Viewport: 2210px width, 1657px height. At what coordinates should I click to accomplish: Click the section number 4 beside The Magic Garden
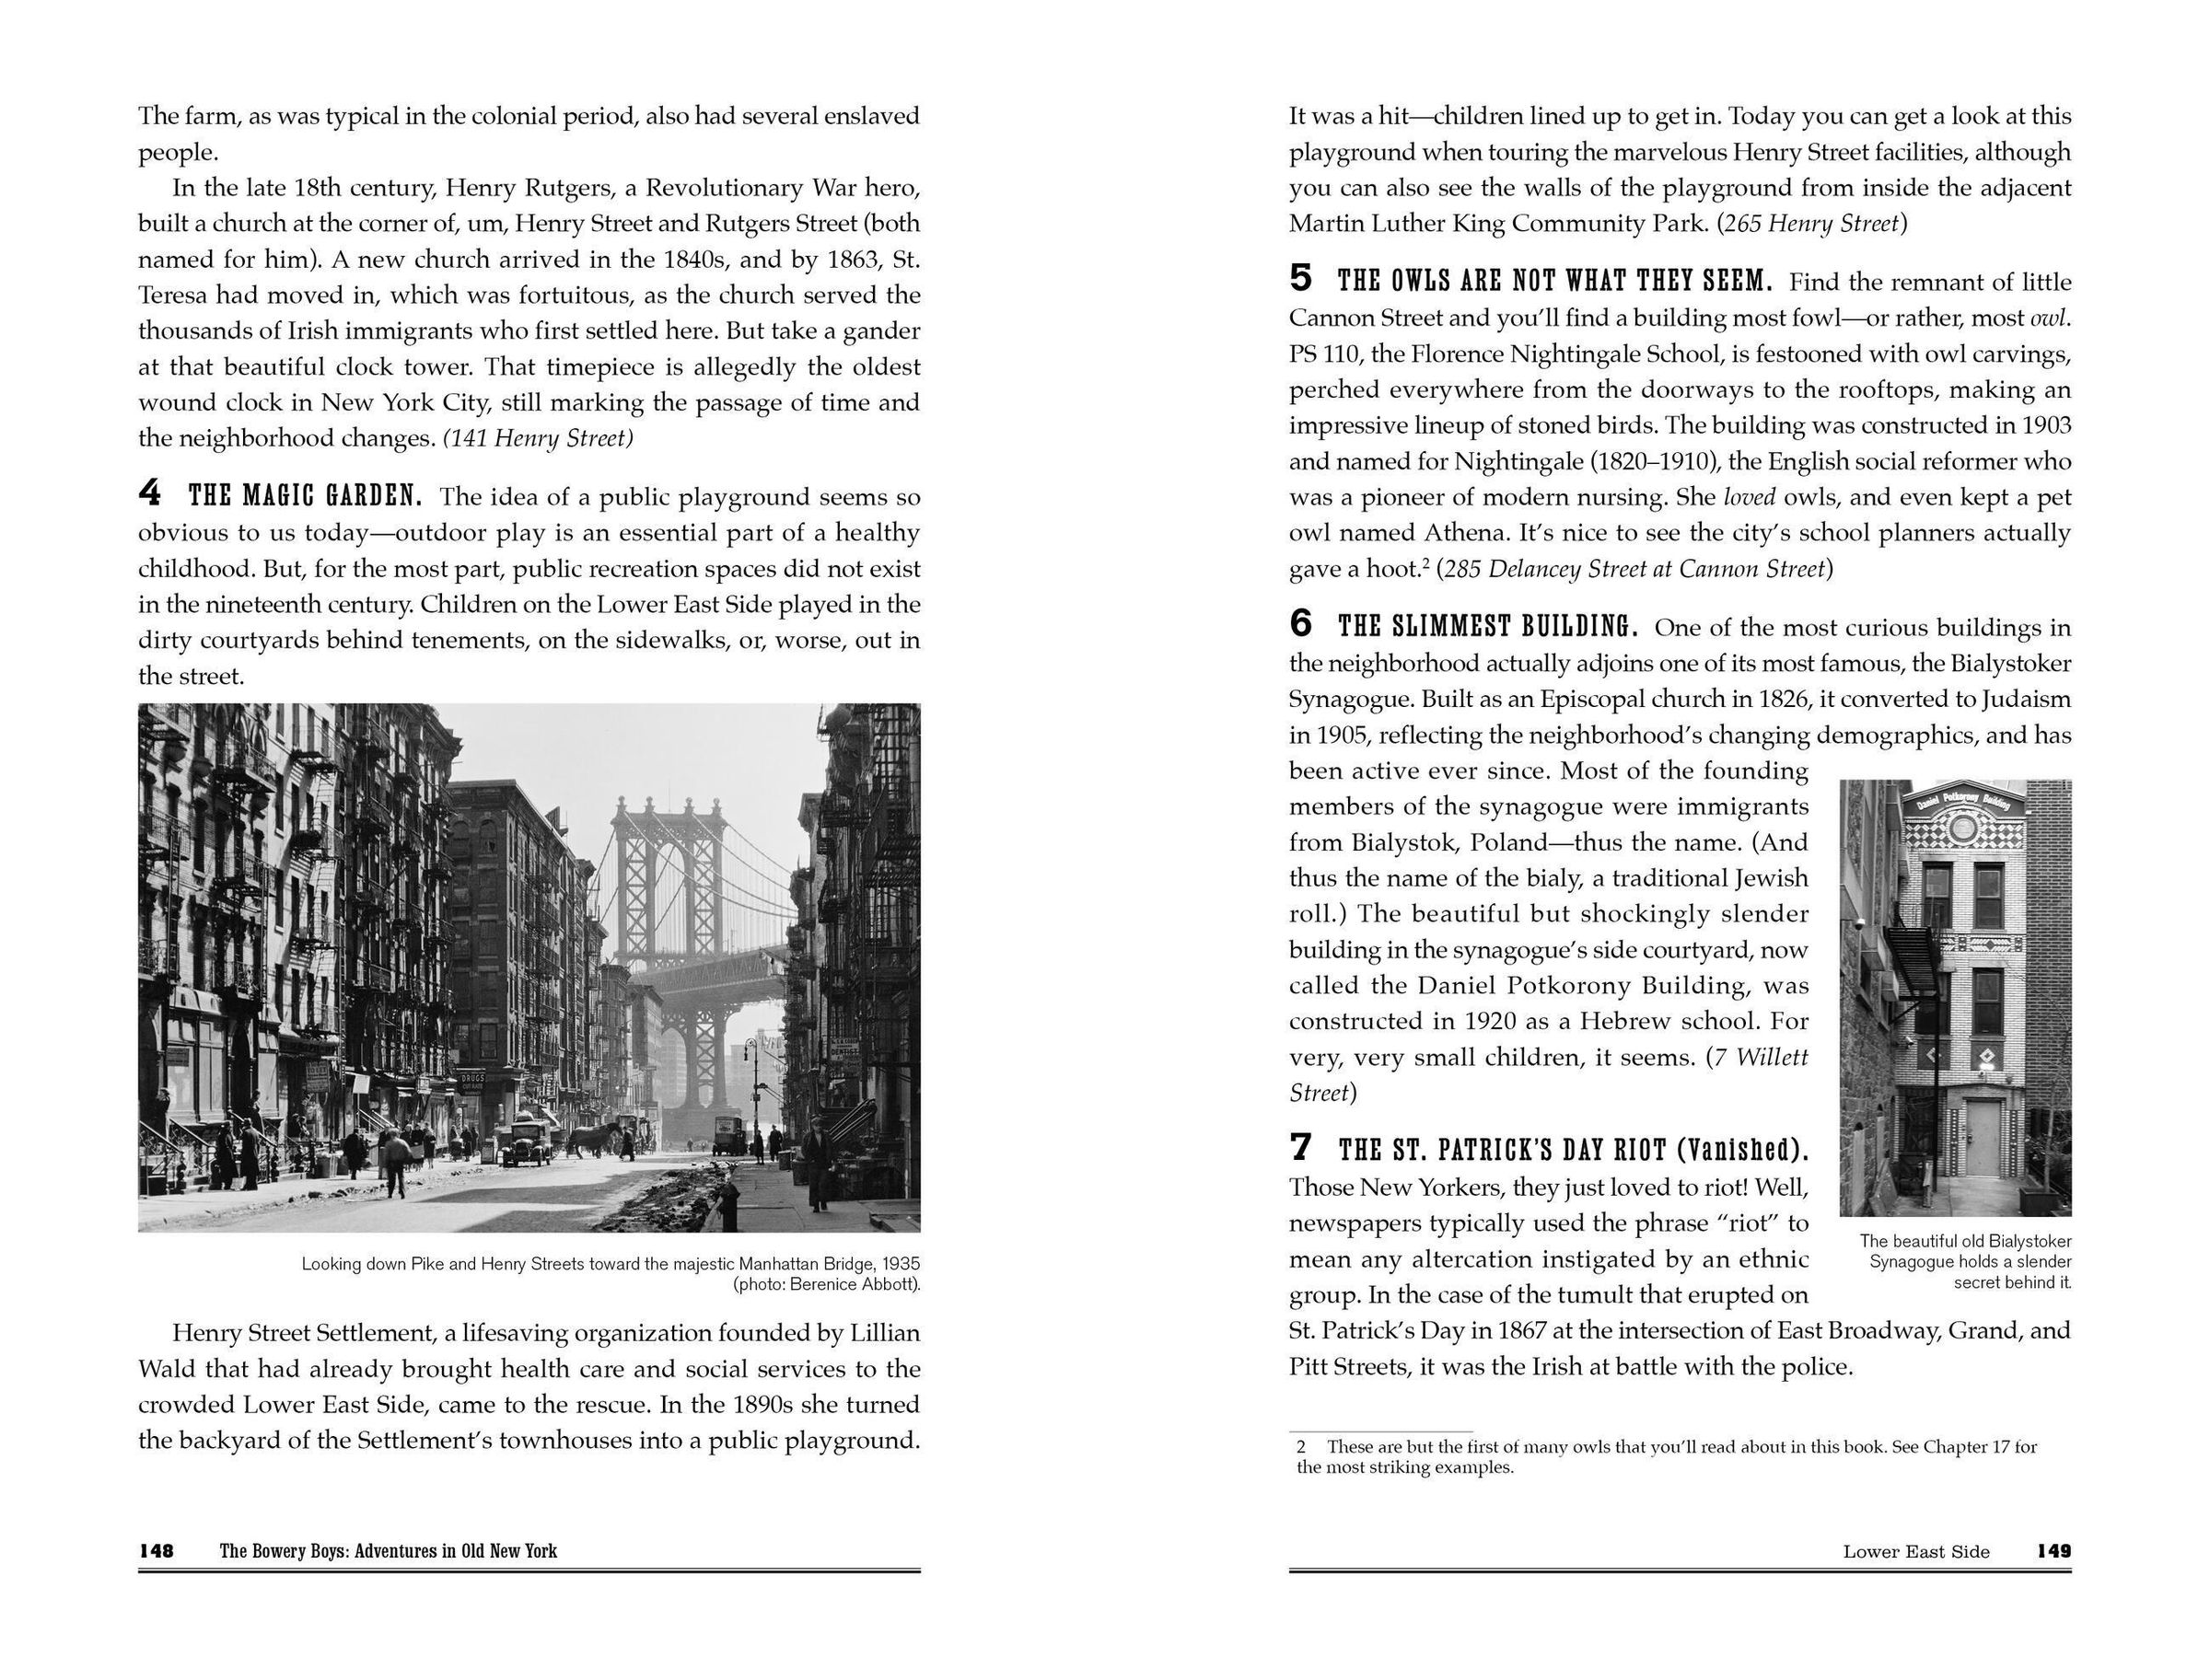[149, 492]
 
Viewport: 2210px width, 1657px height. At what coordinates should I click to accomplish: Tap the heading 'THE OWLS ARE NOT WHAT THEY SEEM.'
[1553, 282]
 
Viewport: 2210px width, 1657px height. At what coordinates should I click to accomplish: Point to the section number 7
[1300, 1148]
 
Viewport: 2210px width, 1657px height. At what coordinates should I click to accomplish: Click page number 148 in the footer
[157, 1551]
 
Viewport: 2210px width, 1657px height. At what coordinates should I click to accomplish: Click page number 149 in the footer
[2053, 1551]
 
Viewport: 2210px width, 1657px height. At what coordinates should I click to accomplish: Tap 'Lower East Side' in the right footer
[1915, 1551]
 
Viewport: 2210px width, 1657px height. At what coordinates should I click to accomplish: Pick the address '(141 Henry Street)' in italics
[538, 437]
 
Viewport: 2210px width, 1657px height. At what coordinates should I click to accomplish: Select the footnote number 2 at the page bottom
[1301, 1446]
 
